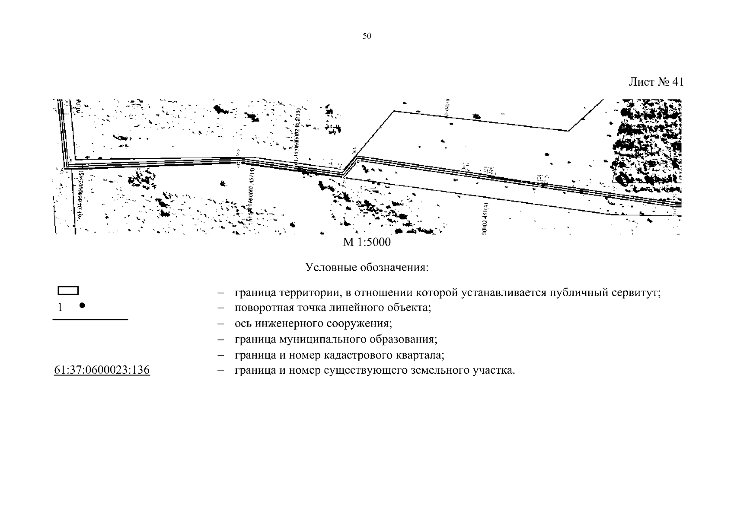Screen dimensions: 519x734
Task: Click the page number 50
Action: click(x=367, y=36)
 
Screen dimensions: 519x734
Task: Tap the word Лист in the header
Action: click(x=641, y=82)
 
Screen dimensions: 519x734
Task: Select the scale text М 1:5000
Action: click(x=367, y=242)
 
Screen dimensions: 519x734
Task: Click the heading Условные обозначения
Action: click(x=367, y=267)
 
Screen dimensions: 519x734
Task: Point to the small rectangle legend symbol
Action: click(x=68, y=291)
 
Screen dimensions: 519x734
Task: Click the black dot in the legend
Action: click(x=82, y=305)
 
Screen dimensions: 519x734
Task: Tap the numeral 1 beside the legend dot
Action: click(x=60, y=307)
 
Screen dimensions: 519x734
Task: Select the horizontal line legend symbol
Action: click(x=90, y=319)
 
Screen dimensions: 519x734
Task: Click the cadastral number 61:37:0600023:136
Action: click(x=102, y=370)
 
